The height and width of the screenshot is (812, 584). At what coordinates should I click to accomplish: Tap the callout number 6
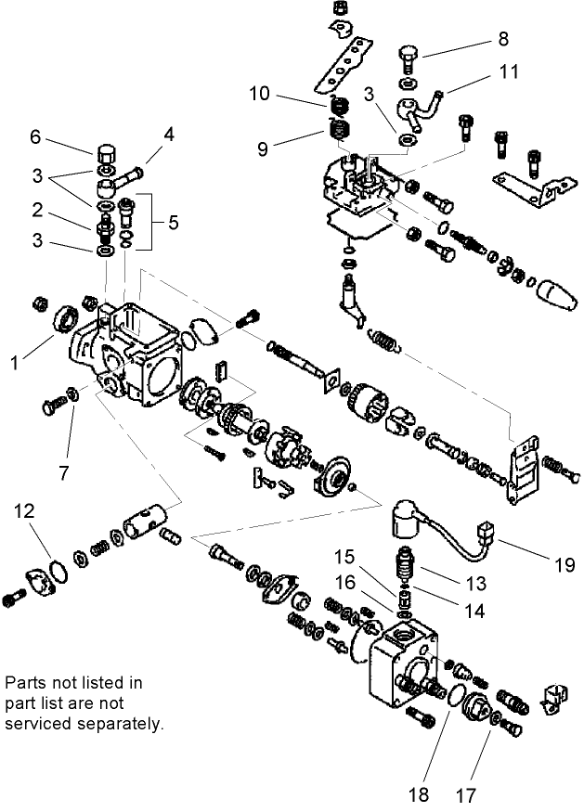(x=35, y=136)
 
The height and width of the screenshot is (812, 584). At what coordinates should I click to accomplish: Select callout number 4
(x=169, y=135)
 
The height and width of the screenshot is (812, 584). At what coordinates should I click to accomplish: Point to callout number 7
(x=63, y=471)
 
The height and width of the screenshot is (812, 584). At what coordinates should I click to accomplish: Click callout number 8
(x=503, y=39)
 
